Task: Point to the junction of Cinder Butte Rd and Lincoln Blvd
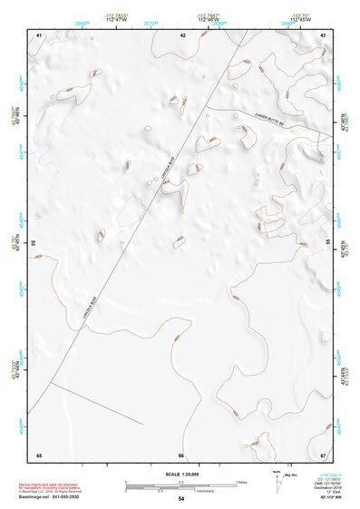coord(205,107)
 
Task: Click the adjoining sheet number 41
coord(39,34)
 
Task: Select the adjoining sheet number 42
coord(182,34)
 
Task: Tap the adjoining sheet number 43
coord(323,34)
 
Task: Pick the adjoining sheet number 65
coord(39,455)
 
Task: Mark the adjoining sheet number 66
coord(181,455)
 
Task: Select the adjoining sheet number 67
coord(323,455)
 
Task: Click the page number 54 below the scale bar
coord(181,499)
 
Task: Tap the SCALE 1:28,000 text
coord(180,474)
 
